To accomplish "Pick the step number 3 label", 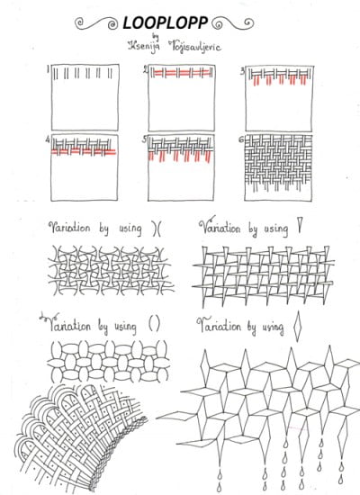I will tap(242, 70).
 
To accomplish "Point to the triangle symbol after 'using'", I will tap(297, 229).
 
